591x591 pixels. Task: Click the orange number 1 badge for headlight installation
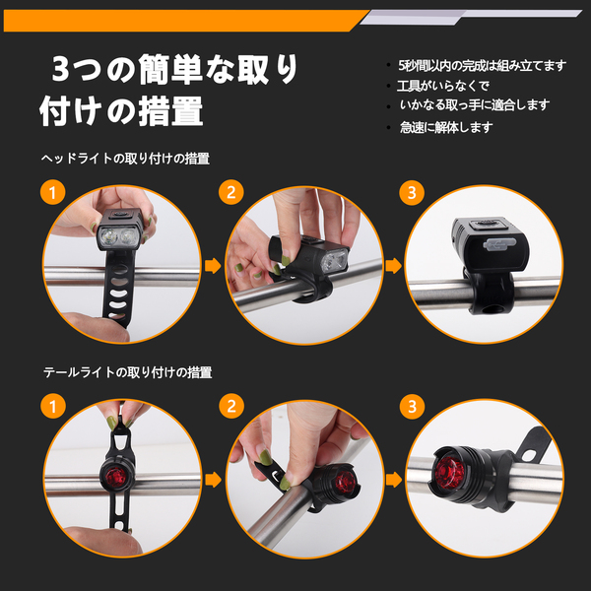(53, 193)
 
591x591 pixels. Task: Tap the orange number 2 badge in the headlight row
(231, 193)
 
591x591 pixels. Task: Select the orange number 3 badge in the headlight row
(412, 193)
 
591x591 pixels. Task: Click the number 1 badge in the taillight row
(53, 406)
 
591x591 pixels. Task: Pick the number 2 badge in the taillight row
(231, 406)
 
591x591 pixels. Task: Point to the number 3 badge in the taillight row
(412, 406)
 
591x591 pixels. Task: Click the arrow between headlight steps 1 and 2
(213, 266)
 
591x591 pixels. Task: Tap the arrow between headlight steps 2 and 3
(394, 266)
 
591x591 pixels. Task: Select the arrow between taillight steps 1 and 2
(213, 480)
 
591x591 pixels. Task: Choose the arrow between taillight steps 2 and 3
(394, 480)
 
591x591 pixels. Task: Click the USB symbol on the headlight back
(498, 244)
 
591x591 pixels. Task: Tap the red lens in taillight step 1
(115, 477)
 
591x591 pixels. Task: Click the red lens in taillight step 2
(345, 482)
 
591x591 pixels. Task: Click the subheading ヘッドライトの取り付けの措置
(125, 159)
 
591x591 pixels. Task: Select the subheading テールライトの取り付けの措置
(127, 372)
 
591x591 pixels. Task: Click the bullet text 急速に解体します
(446, 127)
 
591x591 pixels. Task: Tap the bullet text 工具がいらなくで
(443, 86)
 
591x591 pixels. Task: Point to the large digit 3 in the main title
(61, 69)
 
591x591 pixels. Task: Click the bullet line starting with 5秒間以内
(482, 66)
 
